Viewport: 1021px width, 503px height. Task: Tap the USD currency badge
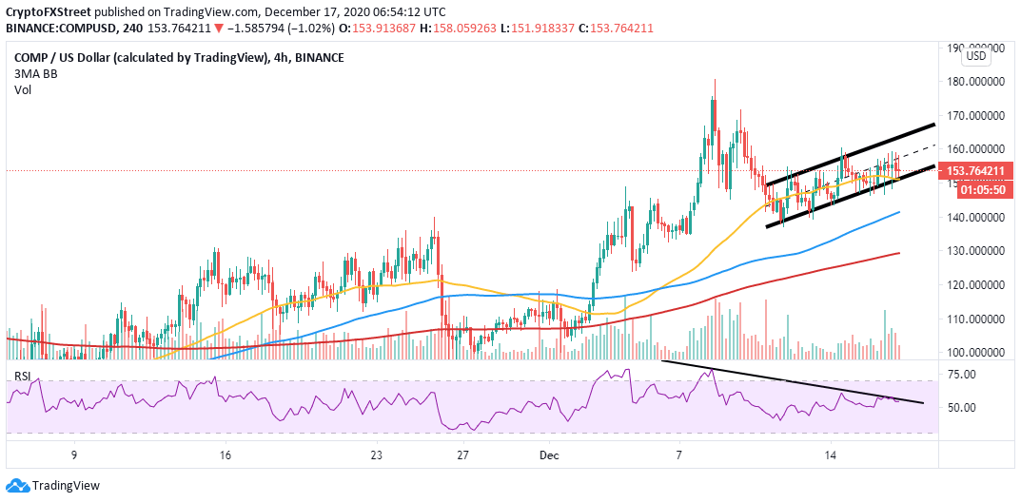[976, 56]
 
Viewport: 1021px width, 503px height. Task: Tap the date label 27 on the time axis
[462, 455]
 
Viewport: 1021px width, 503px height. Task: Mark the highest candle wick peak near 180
[714, 81]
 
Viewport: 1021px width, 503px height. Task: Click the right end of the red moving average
[900, 253]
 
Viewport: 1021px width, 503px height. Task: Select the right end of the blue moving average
[900, 213]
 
